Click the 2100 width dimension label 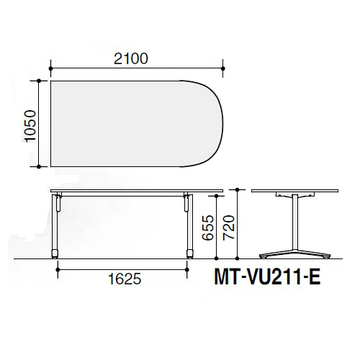[131, 59]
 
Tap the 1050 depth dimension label [30, 126]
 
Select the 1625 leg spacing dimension [125, 279]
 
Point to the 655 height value [208, 228]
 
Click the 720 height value [228, 228]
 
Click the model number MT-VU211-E [267, 277]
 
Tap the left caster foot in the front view [55, 254]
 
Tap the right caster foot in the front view [190, 254]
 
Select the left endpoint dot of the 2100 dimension [50, 68]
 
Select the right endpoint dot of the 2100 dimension [223, 68]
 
